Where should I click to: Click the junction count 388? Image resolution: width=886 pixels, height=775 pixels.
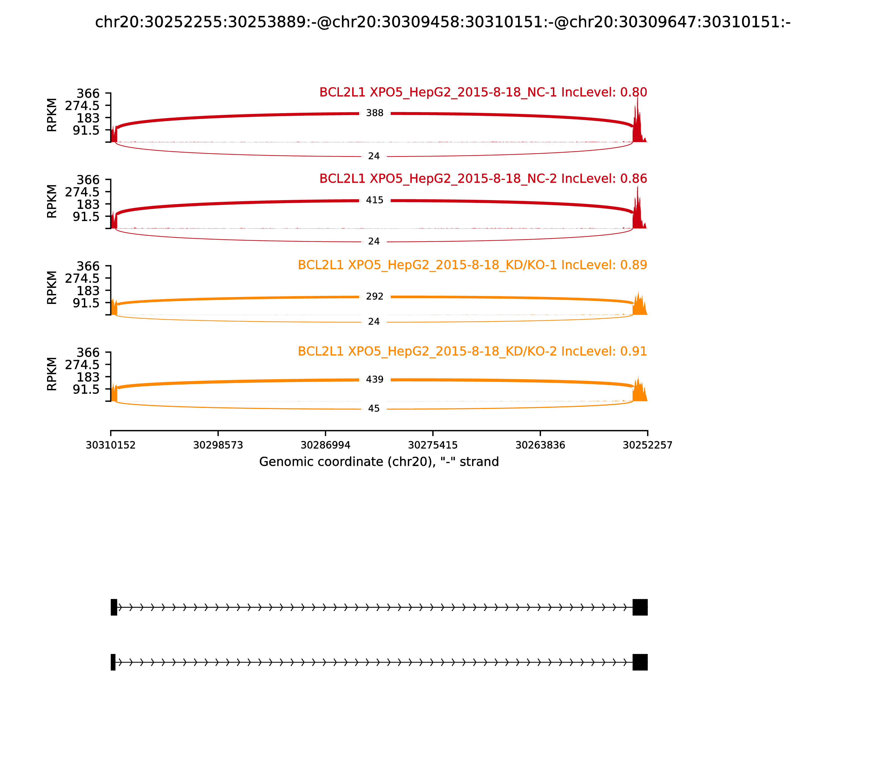(x=375, y=113)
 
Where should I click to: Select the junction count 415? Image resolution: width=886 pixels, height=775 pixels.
(x=375, y=200)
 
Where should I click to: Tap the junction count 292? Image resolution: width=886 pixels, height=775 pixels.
(x=375, y=297)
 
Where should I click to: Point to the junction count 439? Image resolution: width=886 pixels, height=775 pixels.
(x=375, y=380)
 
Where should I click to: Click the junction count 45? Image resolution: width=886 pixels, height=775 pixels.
(x=374, y=409)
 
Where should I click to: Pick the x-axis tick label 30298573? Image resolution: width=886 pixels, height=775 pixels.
(x=218, y=445)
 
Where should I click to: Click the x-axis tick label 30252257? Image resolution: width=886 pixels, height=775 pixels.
(x=647, y=445)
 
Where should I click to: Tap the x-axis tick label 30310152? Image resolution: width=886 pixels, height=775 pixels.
(x=111, y=445)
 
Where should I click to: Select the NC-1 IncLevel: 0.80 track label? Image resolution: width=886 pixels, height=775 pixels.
(x=483, y=92)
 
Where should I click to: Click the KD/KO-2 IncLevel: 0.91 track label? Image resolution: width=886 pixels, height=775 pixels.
(x=472, y=352)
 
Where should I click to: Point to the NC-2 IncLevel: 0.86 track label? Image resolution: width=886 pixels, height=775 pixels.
(x=483, y=179)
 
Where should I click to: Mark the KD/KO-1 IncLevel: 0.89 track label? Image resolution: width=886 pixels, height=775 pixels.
(x=472, y=265)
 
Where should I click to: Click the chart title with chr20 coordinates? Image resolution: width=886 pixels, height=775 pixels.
(x=442, y=22)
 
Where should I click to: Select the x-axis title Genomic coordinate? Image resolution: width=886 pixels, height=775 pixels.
(x=379, y=462)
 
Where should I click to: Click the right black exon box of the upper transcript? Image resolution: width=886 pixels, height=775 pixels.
(x=640, y=607)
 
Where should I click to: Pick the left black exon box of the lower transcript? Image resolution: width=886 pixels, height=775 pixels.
(x=113, y=662)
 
